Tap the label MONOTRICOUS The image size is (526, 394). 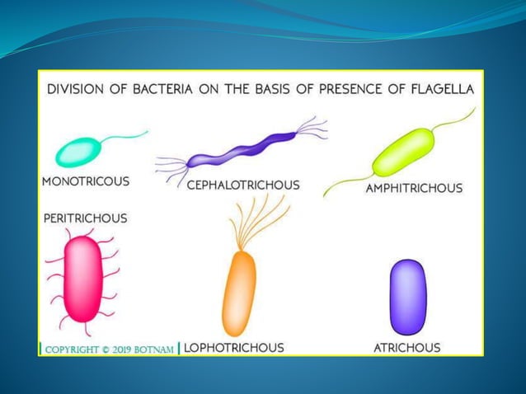coord(85,181)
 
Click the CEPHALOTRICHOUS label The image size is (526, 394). coord(242,185)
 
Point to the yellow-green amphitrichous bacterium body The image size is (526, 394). coord(403,151)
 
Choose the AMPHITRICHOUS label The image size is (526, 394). coord(414,188)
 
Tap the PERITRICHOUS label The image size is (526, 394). coord(85,218)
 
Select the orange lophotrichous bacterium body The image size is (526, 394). coord(239,292)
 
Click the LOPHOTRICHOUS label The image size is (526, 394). coord(234,348)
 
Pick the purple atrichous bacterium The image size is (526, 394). coord(407,297)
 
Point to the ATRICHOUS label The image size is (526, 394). coord(407,348)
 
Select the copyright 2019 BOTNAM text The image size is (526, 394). coord(109,349)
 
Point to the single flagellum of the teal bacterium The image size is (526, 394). coord(128,136)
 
